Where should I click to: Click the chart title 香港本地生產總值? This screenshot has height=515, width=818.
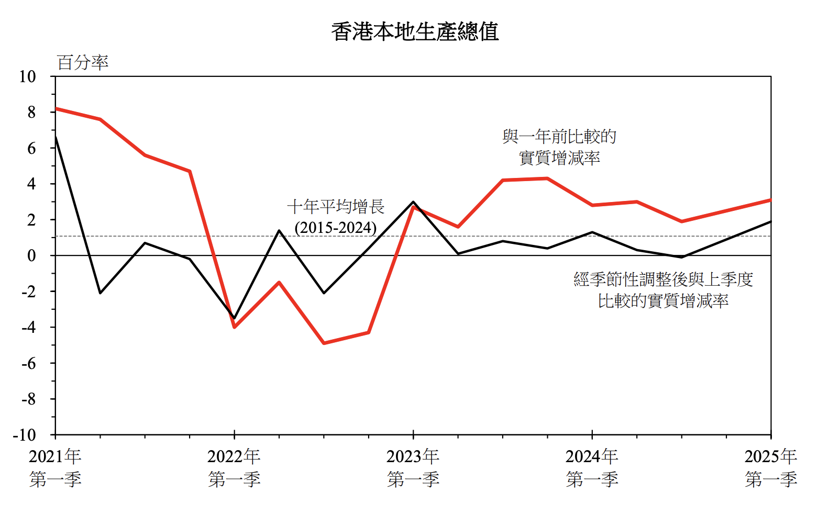coord(415,32)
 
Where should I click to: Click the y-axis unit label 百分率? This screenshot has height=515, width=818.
coord(82,63)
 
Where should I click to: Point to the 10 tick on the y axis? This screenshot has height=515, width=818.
coord(27,77)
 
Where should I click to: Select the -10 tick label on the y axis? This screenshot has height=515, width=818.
coord(25,435)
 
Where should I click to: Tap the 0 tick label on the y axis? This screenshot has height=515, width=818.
coord(31,256)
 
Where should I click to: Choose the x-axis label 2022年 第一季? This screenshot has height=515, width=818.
coord(234,467)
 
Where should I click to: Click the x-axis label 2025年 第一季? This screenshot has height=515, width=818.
coord(770,467)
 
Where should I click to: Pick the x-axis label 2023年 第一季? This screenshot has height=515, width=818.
coord(413,467)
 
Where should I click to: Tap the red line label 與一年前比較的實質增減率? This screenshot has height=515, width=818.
coord(559,147)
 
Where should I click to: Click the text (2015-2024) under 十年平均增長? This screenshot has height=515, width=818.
coord(336,228)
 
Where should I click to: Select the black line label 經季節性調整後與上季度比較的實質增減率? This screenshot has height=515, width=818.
coord(663,290)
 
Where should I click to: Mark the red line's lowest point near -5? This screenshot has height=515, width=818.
coord(324,343)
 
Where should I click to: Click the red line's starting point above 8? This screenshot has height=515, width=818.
coord(56,108)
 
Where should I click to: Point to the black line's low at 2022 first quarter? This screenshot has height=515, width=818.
coord(234,318)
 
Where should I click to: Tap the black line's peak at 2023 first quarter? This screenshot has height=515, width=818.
coord(413,202)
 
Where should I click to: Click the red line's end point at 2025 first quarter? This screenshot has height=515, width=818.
coord(770,200)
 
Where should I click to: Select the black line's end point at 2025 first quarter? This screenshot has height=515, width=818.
coord(770,221)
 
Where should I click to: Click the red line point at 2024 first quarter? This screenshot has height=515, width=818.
coord(592,205)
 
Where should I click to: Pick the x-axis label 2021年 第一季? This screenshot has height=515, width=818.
coord(55,467)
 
